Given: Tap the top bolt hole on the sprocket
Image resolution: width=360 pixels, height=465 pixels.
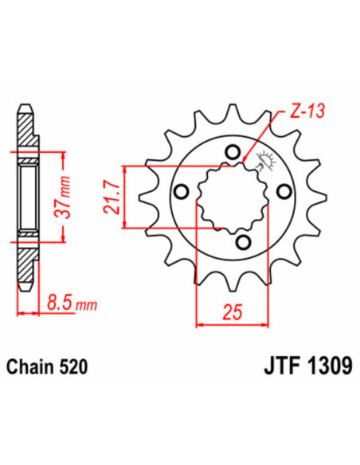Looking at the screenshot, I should (232, 153).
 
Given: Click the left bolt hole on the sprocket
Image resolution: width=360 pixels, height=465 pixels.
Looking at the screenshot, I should (181, 191).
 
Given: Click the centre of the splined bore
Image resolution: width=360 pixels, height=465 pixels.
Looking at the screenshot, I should (232, 196).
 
